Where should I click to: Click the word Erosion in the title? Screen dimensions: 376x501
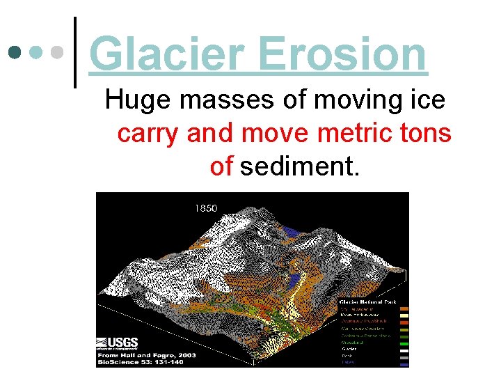342,54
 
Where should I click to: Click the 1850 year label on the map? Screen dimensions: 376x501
206,207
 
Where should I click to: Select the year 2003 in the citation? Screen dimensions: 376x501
186,355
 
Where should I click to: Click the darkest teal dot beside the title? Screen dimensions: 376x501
14,53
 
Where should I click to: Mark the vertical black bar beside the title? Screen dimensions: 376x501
75,52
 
